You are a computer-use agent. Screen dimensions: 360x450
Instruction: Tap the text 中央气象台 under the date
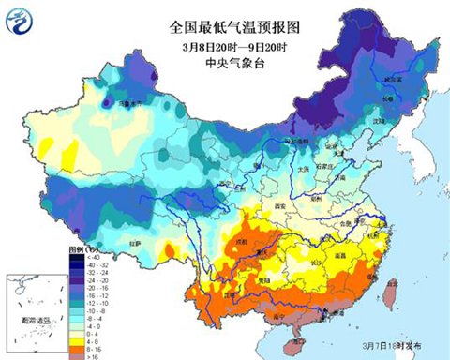click(224, 63)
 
